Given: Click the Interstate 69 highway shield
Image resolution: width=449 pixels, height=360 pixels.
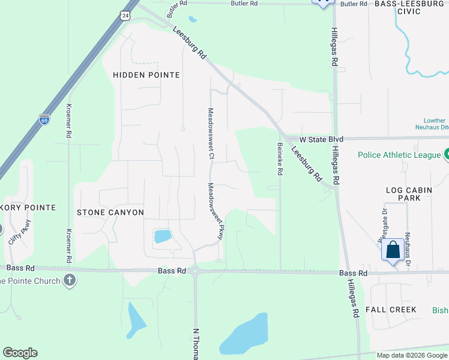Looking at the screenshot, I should click(44, 119).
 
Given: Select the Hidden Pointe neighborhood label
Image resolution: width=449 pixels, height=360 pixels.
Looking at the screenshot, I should click(146, 75).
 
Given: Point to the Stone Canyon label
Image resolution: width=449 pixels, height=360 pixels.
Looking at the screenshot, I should click(110, 212).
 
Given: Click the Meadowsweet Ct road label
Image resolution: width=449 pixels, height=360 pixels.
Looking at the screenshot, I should click(211, 133).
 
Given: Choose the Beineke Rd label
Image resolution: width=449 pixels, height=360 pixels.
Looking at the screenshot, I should click(280, 158).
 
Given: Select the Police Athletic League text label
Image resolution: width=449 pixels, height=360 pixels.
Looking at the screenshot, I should click(399, 155).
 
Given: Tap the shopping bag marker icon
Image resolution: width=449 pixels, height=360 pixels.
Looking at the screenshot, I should click(392, 249).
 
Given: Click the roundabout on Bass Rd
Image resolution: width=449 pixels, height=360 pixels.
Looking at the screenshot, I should click(196, 271).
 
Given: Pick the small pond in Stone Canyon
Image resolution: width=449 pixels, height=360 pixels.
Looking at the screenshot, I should click(163, 236).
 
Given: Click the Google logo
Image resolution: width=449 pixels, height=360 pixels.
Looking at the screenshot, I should click(20, 353).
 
